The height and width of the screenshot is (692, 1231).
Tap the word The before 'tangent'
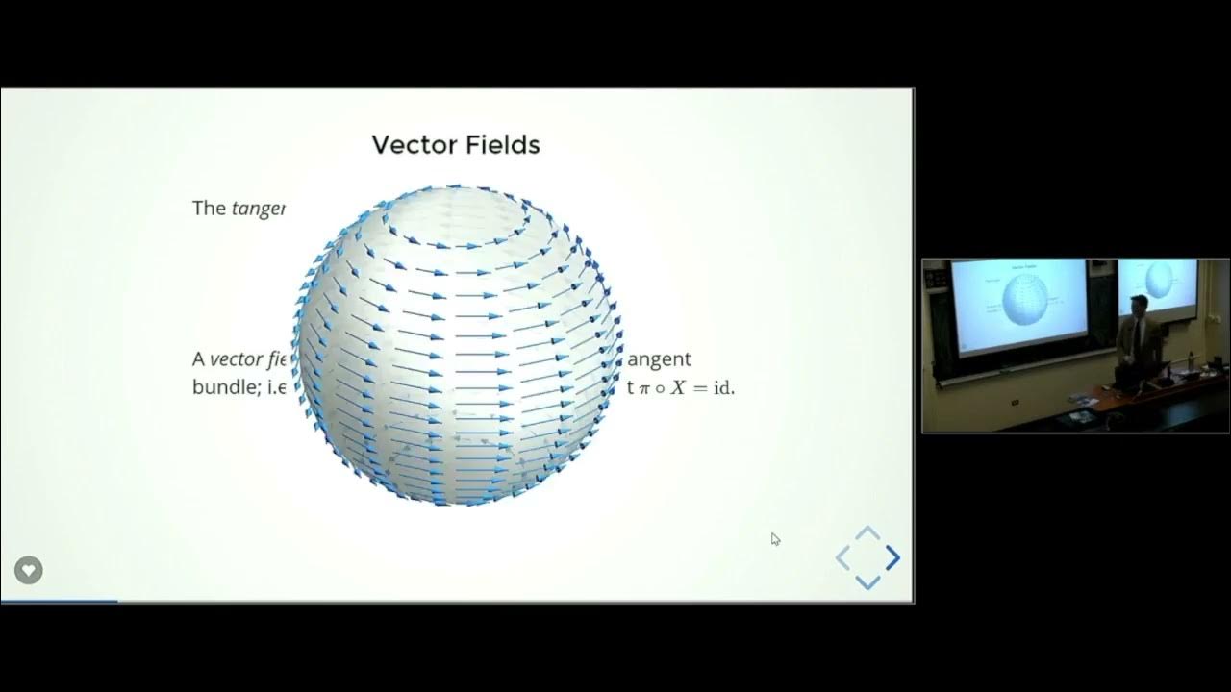209,208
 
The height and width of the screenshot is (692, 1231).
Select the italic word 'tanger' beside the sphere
258,209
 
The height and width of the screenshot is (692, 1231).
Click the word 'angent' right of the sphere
660,359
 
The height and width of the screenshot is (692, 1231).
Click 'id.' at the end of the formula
722,389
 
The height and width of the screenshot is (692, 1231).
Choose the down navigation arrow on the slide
867,581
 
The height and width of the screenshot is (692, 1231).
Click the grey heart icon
29,570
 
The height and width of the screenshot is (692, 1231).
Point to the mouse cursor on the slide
775,539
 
